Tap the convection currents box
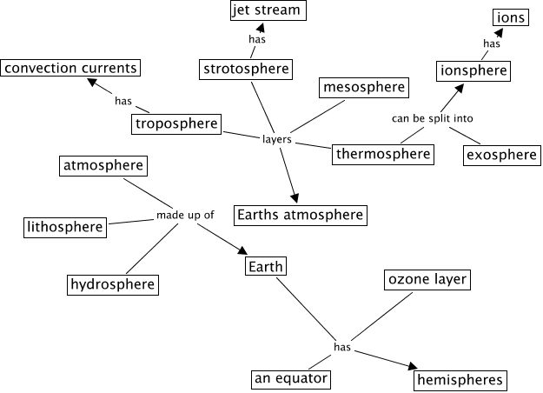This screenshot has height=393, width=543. point(70,67)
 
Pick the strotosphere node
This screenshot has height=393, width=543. point(246,68)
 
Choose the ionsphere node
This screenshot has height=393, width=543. point(472,70)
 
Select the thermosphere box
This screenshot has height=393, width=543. point(383,154)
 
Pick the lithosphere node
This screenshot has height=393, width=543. point(65,227)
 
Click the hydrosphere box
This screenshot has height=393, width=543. point(113,284)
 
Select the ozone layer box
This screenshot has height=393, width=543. point(427,280)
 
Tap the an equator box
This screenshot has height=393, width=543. point(291,378)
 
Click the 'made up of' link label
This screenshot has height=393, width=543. point(185,216)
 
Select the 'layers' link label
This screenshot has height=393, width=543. point(276,139)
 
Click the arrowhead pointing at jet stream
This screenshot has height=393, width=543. point(260,27)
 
